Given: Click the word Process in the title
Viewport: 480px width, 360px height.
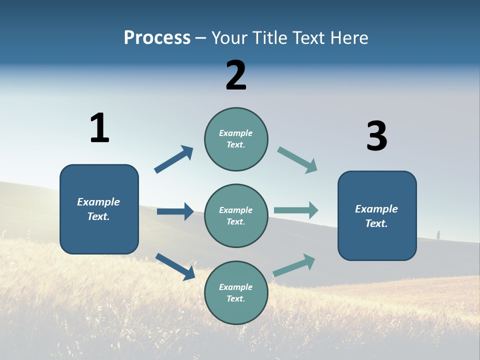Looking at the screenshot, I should click(x=157, y=38).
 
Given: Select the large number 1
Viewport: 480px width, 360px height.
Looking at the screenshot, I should click(x=99, y=128).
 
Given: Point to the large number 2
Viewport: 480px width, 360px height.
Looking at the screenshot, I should click(x=236, y=75).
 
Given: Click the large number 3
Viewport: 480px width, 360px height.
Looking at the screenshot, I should click(x=377, y=136).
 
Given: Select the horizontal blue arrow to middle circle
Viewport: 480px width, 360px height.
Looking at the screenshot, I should click(x=175, y=211).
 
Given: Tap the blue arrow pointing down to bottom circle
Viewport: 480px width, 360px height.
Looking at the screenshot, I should click(x=175, y=266).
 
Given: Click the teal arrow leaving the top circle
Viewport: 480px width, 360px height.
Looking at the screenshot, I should click(x=297, y=160).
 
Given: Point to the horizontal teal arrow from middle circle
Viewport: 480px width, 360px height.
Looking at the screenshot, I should click(x=296, y=210).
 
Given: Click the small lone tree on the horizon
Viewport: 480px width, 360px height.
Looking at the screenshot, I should click(x=438, y=234).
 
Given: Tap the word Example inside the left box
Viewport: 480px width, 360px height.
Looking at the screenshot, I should click(x=98, y=202).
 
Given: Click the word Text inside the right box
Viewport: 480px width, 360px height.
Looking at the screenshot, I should click(x=376, y=223).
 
